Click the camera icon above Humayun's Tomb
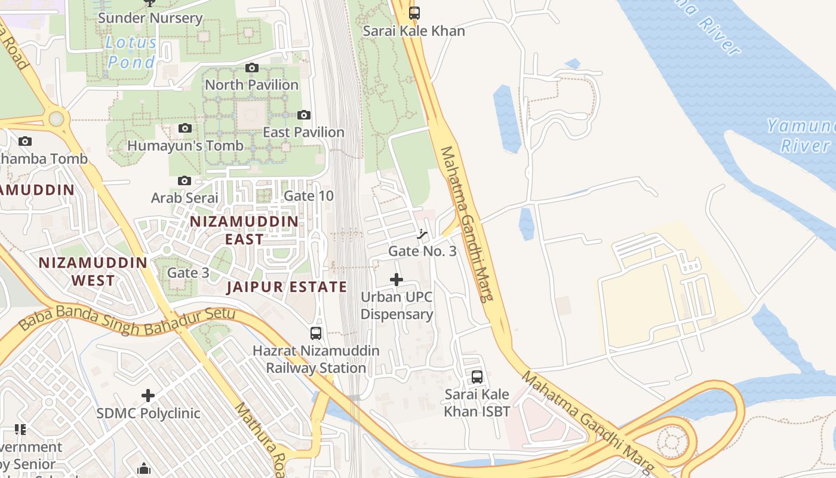pyautogui.click(x=185, y=128)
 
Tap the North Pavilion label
pyautogui.click(x=251, y=85)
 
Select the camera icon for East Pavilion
pyautogui.click(x=304, y=115)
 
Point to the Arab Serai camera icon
pyautogui.click(x=185, y=180)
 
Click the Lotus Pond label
pyautogui.click(x=131, y=52)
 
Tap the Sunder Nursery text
pyautogui.click(x=150, y=18)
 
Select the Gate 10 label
pyautogui.click(x=308, y=196)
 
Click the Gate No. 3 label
pyautogui.click(x=422, y=251)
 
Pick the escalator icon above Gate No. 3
pyautogui.click(x=422, y=234)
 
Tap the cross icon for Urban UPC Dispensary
pyautogui.click(x=397, y=280)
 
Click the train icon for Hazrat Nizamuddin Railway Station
pyautogui.click(x=316, y=333)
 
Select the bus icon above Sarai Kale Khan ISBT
pyautogui.click(x=477, y=377)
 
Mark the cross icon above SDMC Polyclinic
pyautogui.click(x=148, y=396)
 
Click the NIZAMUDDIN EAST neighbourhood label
pyautogui.click(x=244, y=230)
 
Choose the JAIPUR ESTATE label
pyautogui.click(x=287, y=287)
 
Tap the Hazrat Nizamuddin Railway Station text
pyautogui.click(x=316, y=359)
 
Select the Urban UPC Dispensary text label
pyautogui.click(x=397, y=305)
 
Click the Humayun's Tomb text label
pyautogui.click(x=185, y=146)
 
